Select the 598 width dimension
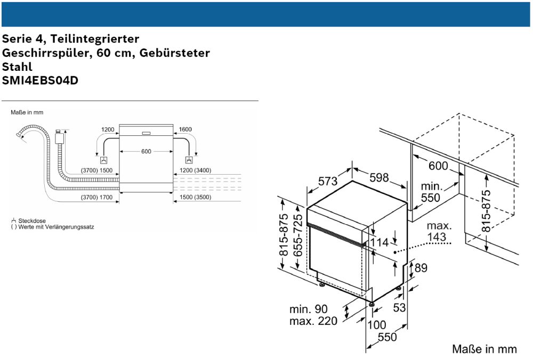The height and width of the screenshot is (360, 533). coord(379,178)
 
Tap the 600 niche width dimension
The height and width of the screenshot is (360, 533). coord(438,166)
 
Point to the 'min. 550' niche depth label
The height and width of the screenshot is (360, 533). coord(431,192)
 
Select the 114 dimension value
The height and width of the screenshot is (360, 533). coord(379,242)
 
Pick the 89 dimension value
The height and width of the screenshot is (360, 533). coord(421,268)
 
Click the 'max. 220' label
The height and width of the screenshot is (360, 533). coord(313,321)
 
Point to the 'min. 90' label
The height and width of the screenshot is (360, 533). coord(309,309)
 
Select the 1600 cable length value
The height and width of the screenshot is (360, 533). coord(185,129)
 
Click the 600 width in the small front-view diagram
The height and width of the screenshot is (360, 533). coord(146,152)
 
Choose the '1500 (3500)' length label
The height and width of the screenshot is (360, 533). coord(196,198)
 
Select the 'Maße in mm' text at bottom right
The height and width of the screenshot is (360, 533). coord(484,349)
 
